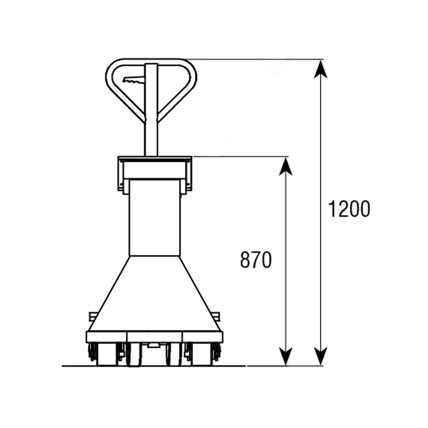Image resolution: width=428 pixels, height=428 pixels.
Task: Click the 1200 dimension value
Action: [x=349, y=209]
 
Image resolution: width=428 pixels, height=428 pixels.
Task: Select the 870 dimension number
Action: [x=256, y=260]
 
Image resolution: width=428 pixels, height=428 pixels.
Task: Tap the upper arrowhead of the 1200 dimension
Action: [x=321, y=69]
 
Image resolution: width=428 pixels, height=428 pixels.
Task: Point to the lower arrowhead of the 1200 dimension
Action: [x=321, y=356]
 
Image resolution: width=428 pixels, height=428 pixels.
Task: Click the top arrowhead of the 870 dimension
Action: [x=285, y=167]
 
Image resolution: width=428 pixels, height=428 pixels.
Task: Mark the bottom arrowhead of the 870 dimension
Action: [x=285, y=356]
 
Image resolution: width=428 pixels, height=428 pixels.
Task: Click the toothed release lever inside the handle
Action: [x=134, y=80]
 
